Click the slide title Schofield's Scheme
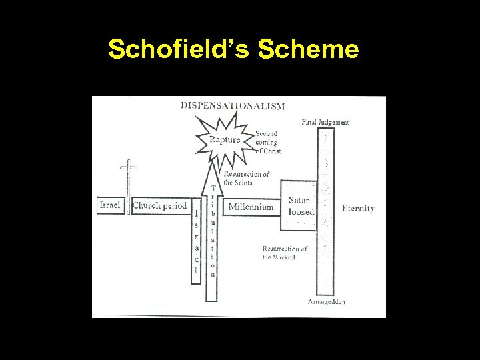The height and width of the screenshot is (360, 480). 233,49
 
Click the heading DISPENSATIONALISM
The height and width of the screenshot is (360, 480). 233,105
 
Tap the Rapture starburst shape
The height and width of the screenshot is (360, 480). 224,139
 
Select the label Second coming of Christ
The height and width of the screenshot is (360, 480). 268,142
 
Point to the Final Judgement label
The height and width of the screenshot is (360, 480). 325,122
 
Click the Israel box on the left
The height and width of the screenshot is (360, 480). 110,205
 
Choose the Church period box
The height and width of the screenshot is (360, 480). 160,206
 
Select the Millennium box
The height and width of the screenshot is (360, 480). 251,207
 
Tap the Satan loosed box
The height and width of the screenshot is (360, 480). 298,205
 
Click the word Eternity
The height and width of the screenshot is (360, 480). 357,208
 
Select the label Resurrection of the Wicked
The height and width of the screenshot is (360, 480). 285,253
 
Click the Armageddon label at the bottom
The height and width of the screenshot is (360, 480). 326,301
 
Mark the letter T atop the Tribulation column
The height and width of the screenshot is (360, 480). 213,189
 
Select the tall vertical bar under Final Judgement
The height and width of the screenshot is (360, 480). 325,213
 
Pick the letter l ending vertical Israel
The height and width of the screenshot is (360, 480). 196,271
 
